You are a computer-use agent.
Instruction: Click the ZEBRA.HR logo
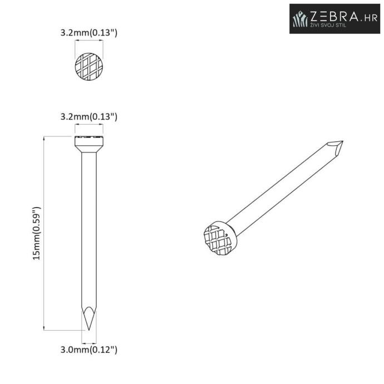[334, 18]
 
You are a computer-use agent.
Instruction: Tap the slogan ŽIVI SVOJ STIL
[328, 24]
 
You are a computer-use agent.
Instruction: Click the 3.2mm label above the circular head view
[89, 33]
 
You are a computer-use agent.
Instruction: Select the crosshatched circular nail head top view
[89, 67]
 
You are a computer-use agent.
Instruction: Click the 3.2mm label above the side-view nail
[89, 116]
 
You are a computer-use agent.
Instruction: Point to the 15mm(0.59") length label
[37, 233]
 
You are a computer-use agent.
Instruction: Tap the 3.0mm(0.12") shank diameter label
[89, 349]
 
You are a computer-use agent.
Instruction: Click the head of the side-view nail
[89, 144]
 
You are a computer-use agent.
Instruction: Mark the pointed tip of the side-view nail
[88, 330]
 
